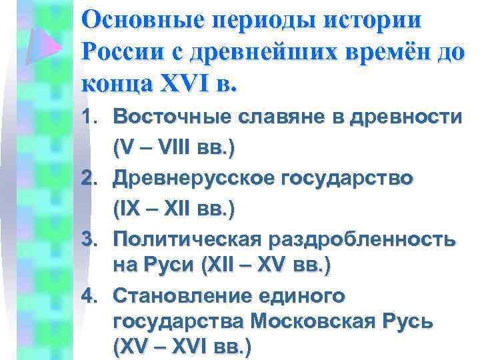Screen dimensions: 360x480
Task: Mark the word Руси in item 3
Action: [x=169, y=265]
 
